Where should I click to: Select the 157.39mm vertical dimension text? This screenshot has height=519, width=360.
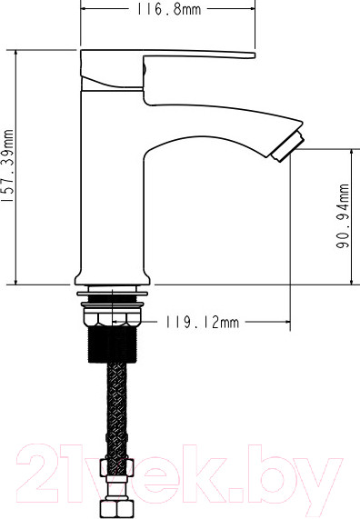click(9, 167)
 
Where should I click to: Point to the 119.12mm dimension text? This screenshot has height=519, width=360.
click(201, 322)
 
